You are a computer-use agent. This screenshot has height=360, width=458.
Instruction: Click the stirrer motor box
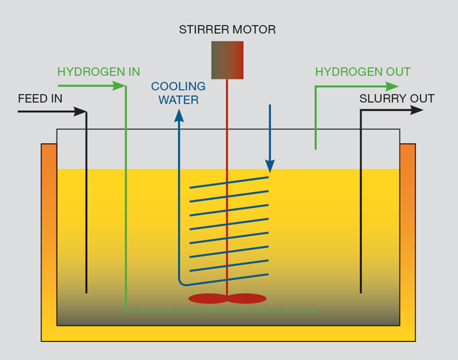pos(227,60)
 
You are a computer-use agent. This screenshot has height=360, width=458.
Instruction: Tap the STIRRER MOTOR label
pos(227,30)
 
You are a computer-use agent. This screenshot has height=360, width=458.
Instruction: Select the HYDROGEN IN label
pos(99,72)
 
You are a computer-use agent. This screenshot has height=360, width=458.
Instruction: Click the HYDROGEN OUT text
pos(363,72)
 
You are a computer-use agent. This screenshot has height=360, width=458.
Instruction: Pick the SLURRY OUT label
pos(396,99)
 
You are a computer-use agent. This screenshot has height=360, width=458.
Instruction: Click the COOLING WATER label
pos(178,93)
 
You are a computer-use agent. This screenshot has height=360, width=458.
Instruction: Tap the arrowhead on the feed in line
pos(80,112)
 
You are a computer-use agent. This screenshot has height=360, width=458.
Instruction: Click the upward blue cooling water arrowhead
pos(179,115)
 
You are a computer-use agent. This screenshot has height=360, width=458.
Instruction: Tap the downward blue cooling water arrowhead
pos(270,166)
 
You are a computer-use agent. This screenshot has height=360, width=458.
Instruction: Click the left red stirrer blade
pos(207,298)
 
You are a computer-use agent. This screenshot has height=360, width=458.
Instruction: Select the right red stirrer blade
pos(247,298)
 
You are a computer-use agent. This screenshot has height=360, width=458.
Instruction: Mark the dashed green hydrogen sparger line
pos(223,311)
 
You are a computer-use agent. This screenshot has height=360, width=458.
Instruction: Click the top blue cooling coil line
pos(229,183)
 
